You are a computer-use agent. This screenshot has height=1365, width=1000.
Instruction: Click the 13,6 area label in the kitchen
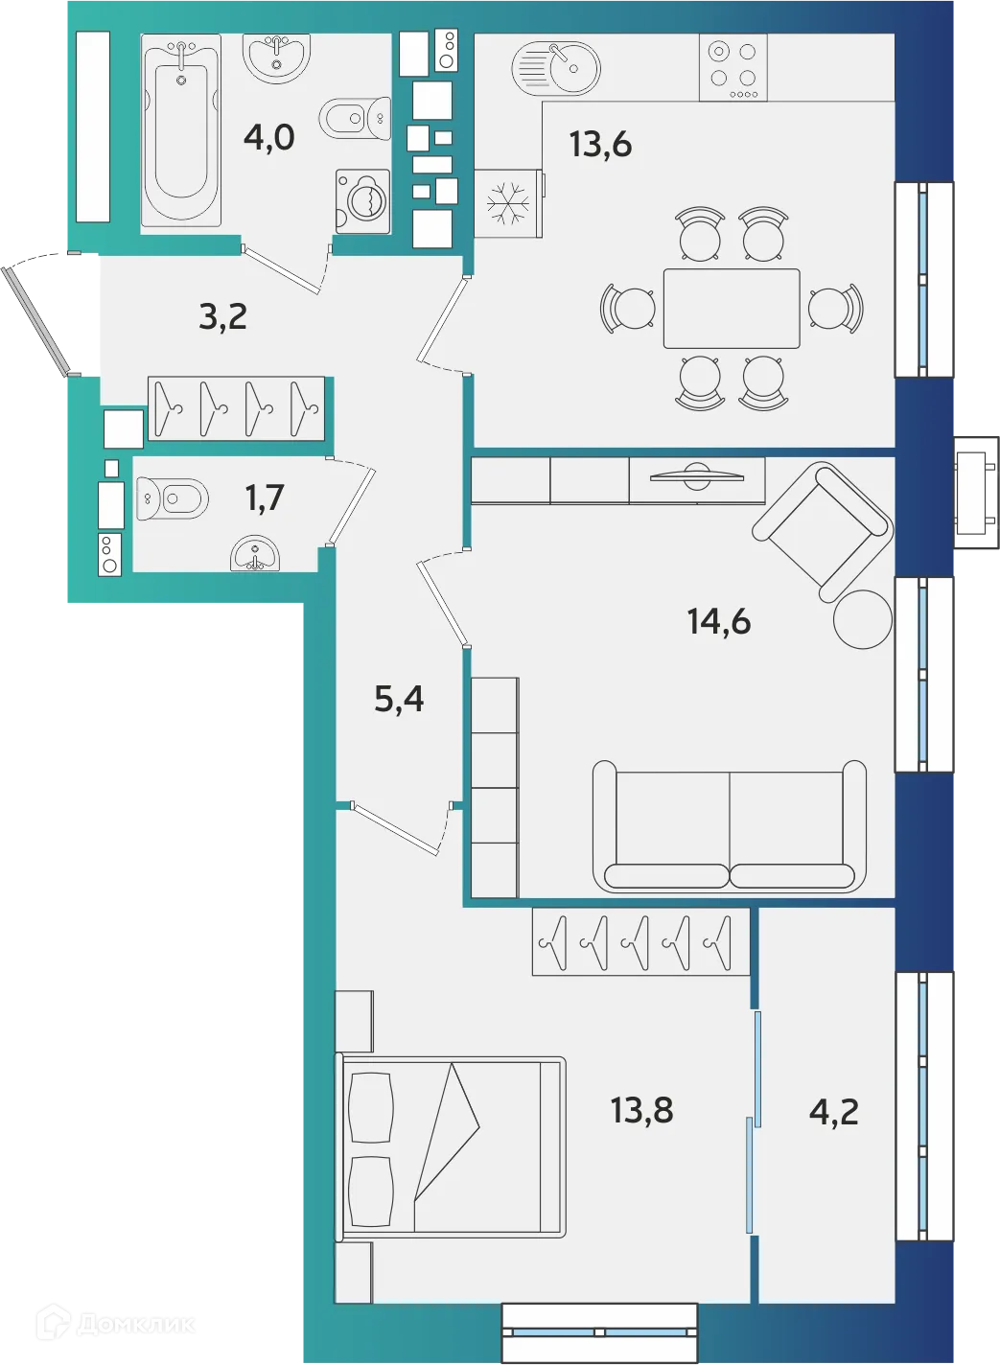600,144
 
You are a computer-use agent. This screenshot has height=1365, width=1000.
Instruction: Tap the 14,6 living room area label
718,621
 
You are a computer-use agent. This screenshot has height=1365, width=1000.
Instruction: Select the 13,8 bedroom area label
641,1110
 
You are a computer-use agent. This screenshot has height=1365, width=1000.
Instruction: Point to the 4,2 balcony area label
833,1111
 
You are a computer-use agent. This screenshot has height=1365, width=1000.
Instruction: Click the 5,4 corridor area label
399,699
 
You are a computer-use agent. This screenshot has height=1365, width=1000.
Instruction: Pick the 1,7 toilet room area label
265,497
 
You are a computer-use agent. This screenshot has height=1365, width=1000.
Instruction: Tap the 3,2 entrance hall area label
222,315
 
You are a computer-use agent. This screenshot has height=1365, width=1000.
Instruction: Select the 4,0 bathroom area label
268,137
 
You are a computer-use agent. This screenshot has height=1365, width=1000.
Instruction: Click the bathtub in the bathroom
180,131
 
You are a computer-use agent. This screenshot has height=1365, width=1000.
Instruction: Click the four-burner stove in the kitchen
733,67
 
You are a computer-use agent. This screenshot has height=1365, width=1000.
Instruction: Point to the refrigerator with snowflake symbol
507,203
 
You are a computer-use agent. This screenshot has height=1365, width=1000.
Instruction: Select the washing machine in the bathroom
363,201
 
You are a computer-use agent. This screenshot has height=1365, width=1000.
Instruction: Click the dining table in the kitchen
732,309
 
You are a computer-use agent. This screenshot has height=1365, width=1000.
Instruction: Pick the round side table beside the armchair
863,619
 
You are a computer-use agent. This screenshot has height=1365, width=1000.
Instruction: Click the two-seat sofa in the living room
730,826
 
